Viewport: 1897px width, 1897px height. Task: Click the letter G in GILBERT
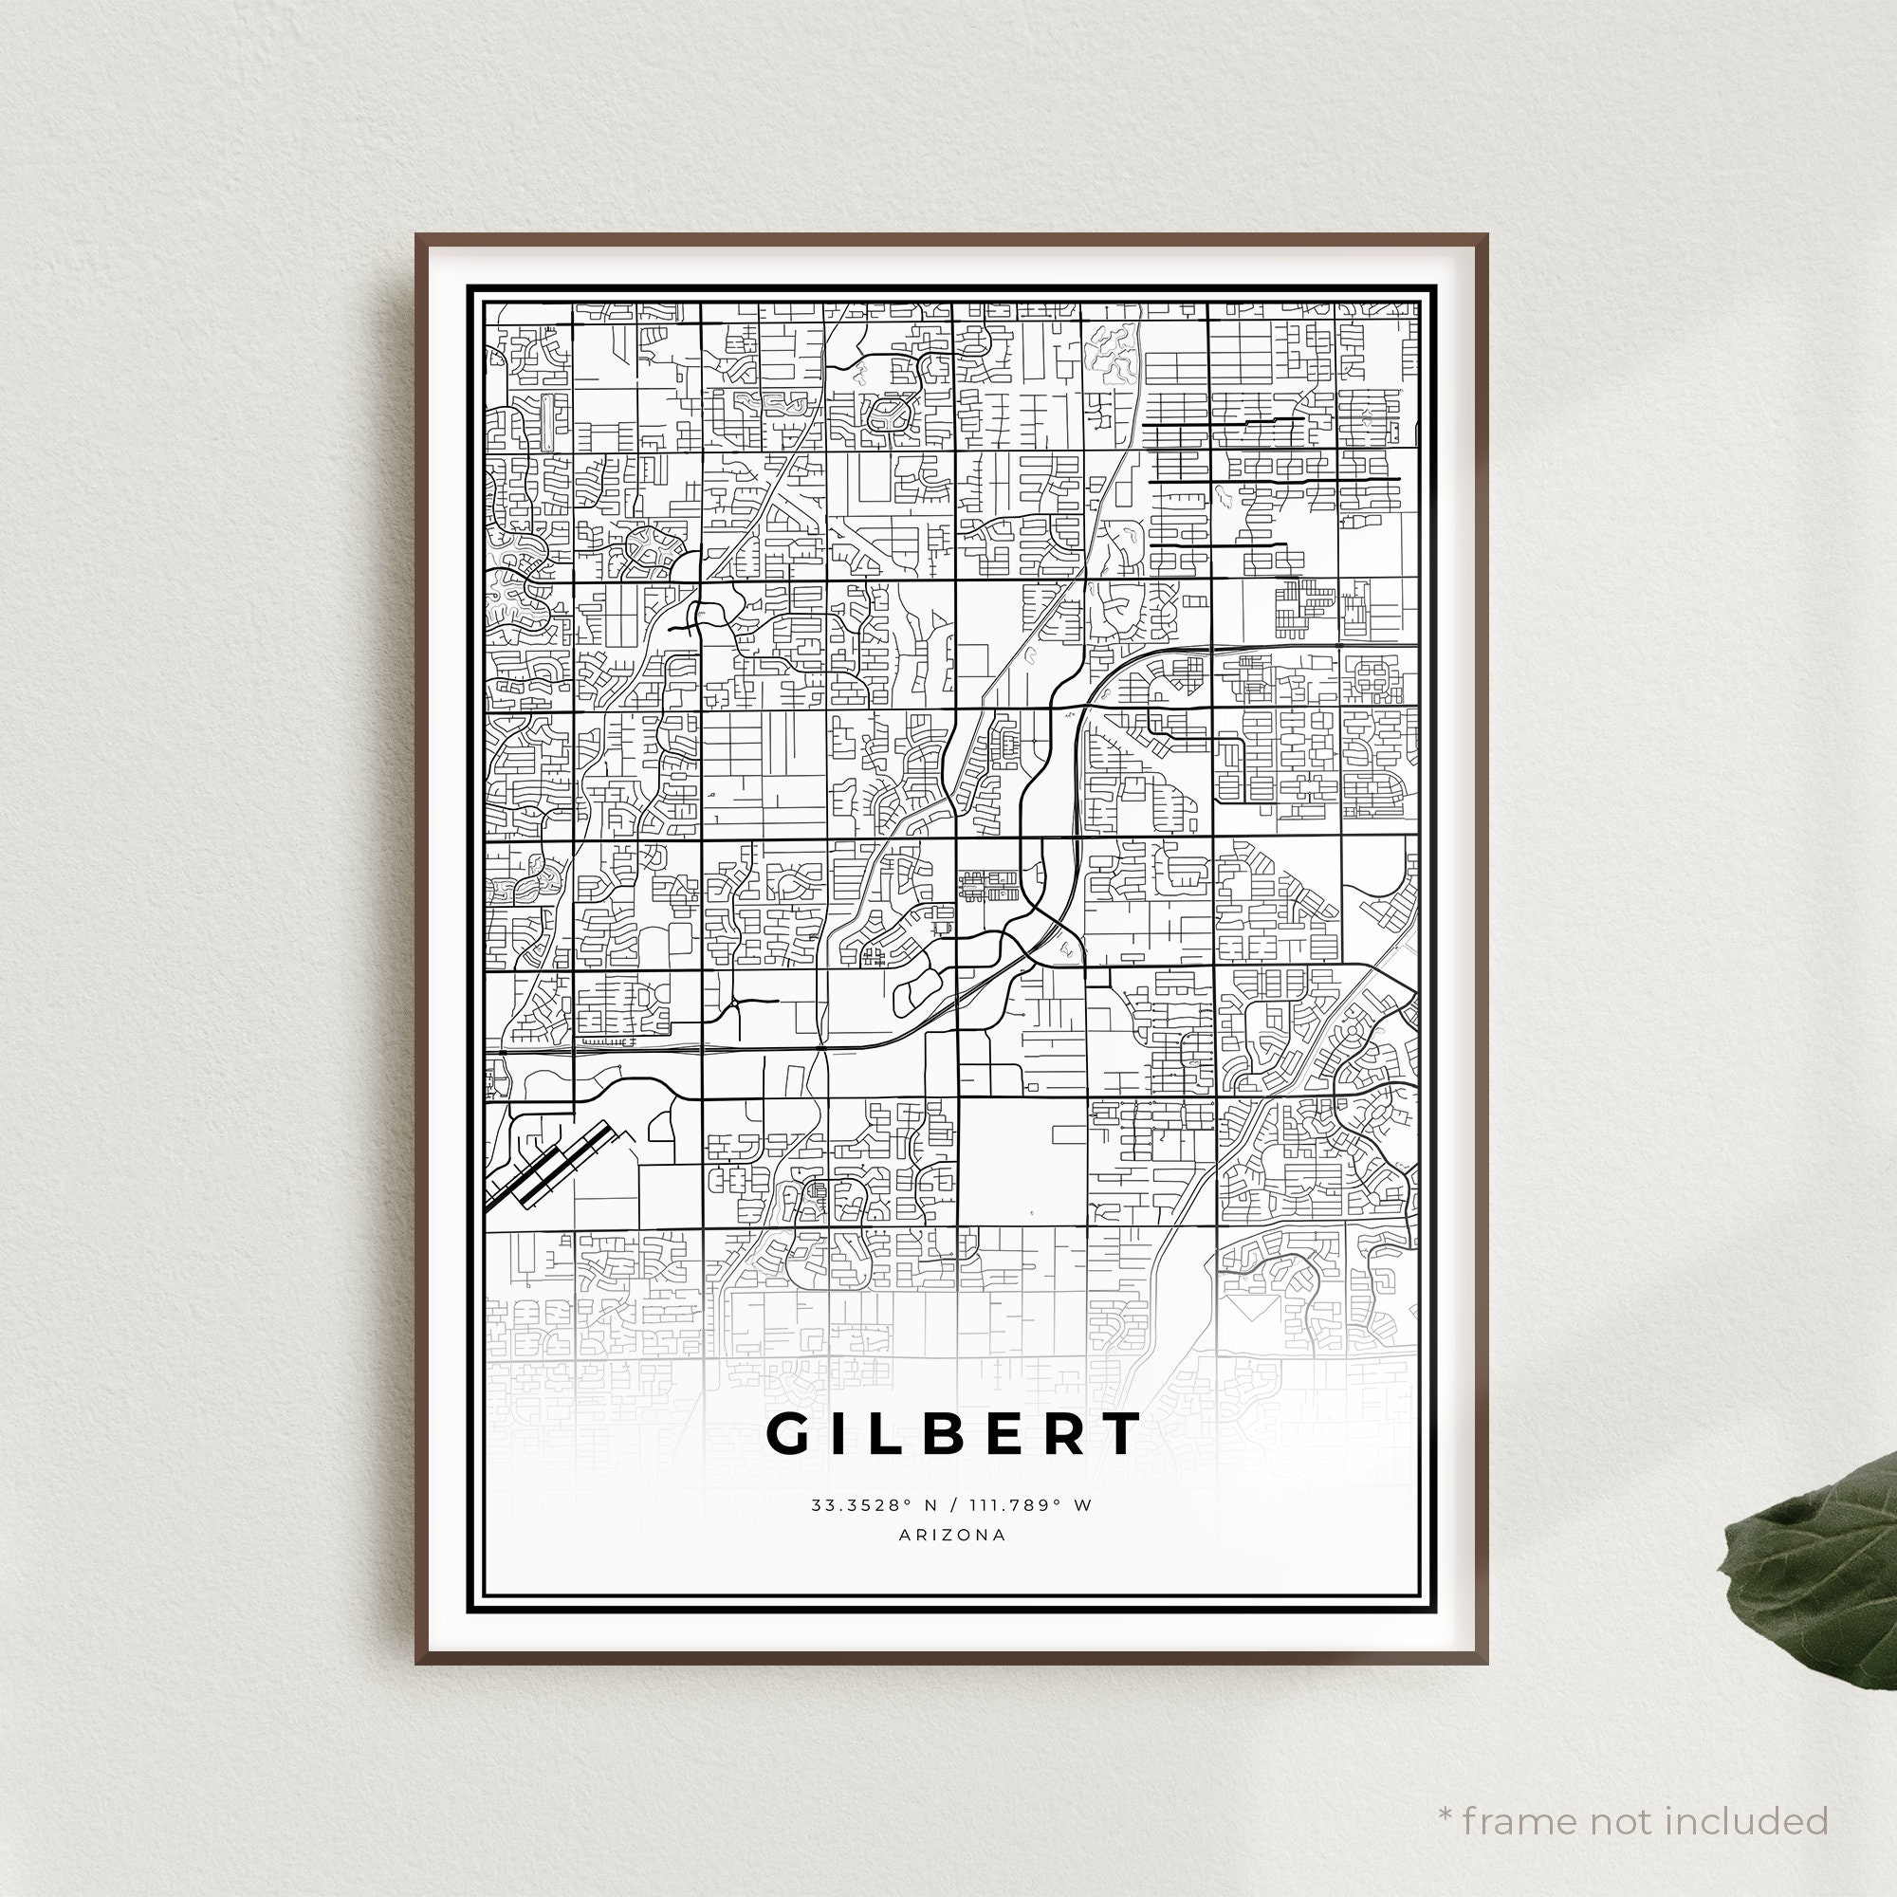pyautogui.click(x=792, y=1434)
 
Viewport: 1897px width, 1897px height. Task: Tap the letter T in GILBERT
pyautogui.click(x=1119, y=1434)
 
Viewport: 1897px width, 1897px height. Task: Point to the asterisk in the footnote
pyautogui.click(x=1446, y=1787)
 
